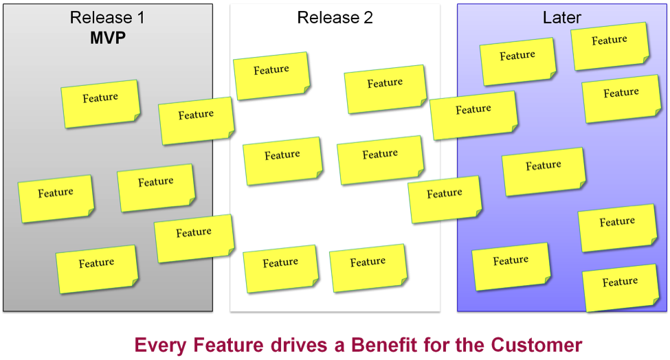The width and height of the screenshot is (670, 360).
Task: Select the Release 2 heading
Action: point(335,18)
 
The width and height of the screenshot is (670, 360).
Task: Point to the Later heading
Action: point(562,18)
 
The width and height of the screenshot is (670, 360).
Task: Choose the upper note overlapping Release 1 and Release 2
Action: point(197,120)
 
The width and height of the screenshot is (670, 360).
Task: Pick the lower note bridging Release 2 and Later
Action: point(445,199)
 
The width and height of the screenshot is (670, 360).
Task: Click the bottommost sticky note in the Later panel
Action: point(621,287)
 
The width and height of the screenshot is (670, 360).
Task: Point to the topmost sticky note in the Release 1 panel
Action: point(100,103)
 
